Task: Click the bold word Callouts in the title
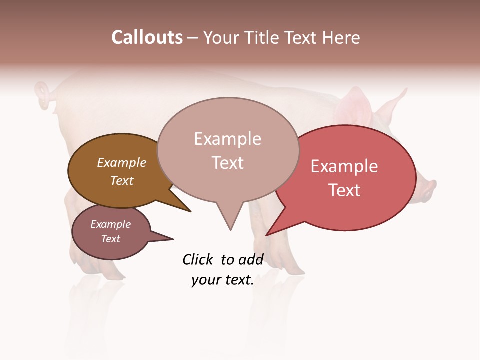pos(147,37)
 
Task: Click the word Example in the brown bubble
pos(121,162)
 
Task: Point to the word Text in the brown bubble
pos(121,180)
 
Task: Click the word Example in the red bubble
pos(344,166)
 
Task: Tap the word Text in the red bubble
pos(344,190)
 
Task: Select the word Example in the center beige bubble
pos(227,139)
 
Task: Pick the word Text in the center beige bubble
pos(227,163)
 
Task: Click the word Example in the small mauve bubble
pos(110,224)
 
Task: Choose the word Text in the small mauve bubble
pos(110,239)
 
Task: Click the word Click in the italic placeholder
pos(198,259)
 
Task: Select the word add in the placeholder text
pos(251,259)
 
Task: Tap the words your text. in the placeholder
pos(222,280)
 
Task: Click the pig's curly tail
pos(43,94)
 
